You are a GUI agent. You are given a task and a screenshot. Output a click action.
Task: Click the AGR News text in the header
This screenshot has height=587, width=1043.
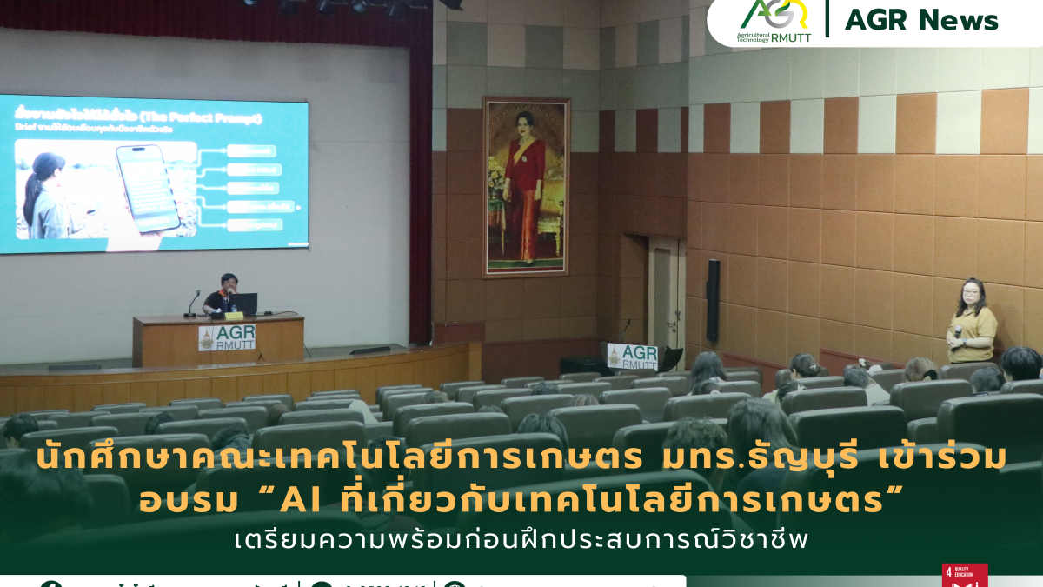pos(921,19)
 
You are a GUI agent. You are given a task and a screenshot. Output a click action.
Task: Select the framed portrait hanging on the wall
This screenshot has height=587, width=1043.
pos(526,186)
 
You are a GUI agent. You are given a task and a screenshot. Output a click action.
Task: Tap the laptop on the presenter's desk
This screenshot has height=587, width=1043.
pos(243,304)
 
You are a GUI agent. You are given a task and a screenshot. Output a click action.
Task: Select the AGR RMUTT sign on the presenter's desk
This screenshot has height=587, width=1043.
pos(227,337)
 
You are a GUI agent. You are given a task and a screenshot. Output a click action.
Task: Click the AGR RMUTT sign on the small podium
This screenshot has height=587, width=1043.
pos(632,356)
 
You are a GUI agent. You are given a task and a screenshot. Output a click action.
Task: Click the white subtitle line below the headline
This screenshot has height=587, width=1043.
pos(521,540)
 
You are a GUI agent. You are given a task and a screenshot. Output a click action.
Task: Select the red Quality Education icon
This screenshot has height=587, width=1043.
pos(964,575)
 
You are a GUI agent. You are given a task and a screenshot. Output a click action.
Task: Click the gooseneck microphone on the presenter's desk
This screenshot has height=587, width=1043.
pos(193,302)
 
